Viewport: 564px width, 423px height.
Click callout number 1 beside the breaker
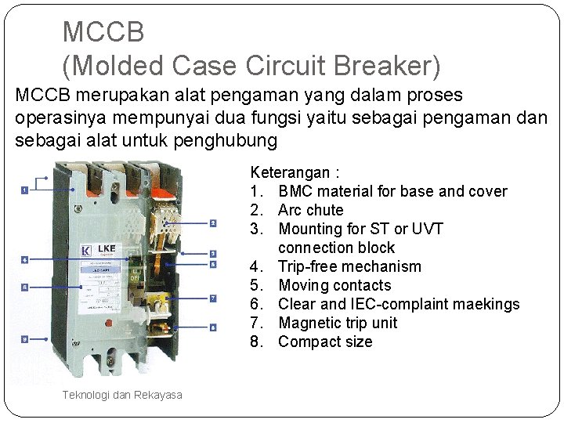pyautogui.click(x=25, y=190)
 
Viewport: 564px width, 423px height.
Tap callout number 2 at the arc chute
pyautogui.click(x=213, y=223)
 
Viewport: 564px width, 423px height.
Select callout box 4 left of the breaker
pyautogui.click(x=25, y=259)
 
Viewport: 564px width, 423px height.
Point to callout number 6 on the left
pyautogui.click(x=25, y=287)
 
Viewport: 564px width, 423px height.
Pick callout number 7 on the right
pyautogui.click(x=213, y=298)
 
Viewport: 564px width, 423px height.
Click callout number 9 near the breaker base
pyautogui.click(x=25, y=339)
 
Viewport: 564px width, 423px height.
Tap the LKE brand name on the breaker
pyautogui.click(x=107, y=248)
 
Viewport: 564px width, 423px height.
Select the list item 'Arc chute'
pyautogui.click(x=310, y=210)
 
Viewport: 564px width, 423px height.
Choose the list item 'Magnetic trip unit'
pyautogui.click(x=338, y=323)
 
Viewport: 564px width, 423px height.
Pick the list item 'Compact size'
pyautogui.click(x=325, y=342)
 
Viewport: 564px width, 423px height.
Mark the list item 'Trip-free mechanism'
pyautogui.click(x=349, y=266)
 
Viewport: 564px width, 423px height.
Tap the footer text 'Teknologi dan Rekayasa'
pyautogui.click(x=122, y=395)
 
